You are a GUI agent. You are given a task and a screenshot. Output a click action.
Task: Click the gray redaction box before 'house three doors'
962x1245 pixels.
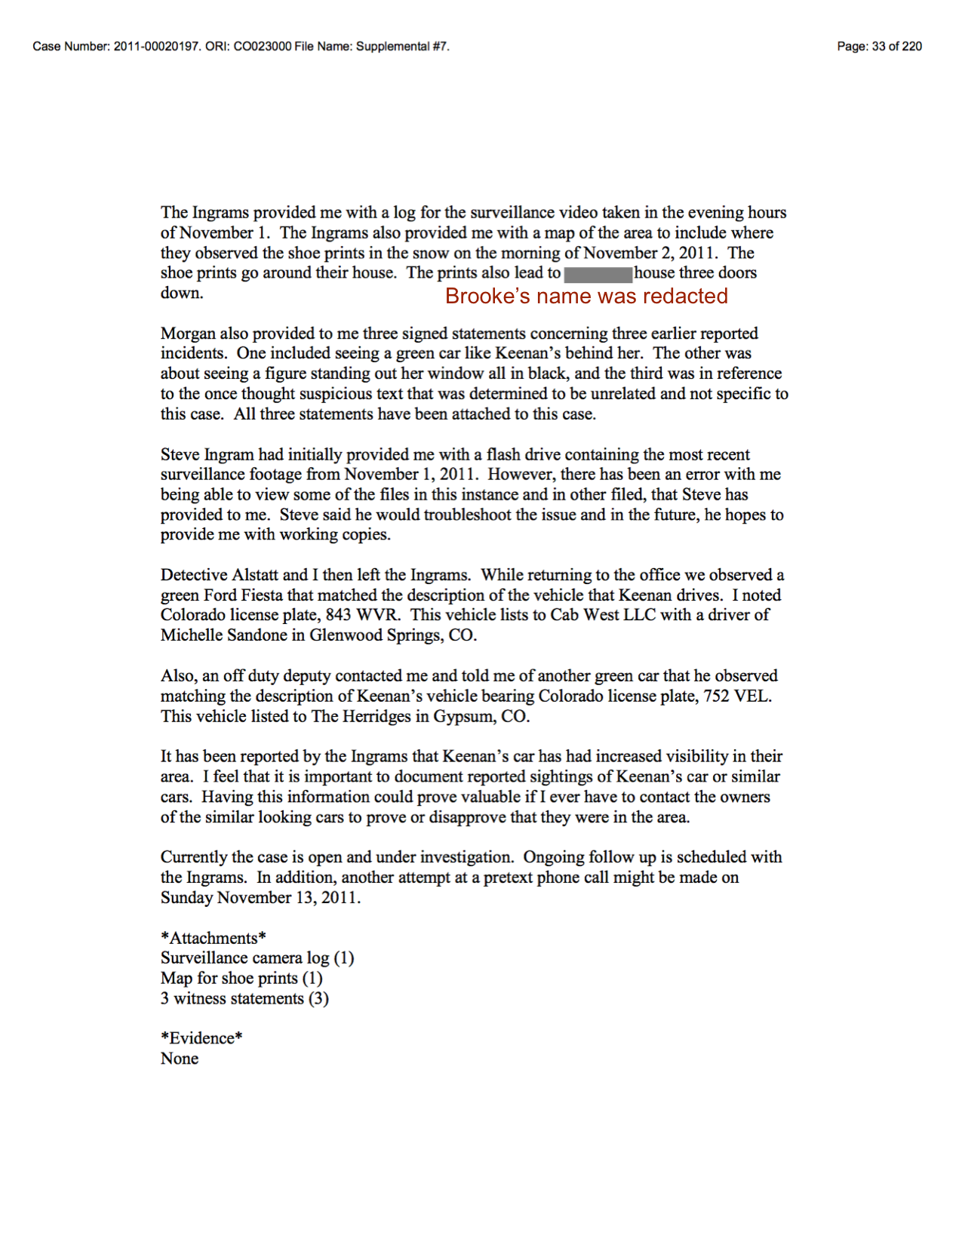[x=598, y=275]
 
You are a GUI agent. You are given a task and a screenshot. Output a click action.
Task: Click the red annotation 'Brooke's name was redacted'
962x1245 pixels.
[x=586, y=297]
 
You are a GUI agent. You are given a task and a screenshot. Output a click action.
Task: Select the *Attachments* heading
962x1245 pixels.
[x=214, y=938]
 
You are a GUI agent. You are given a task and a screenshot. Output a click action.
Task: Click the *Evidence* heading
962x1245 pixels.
[x=201, y=1038]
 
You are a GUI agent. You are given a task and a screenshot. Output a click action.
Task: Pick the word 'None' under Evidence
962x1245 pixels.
[x=180, y=1059]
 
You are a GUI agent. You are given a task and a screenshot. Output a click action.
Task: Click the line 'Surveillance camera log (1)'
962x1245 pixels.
[x=257, y=958]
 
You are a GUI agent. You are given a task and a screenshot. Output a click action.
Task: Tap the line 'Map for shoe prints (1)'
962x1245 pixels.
[x=241, y=979]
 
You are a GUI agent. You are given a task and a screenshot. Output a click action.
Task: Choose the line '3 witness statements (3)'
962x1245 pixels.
[x=244, y=999]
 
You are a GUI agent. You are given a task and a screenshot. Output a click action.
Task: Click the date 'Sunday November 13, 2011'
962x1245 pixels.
[x=260, y=898]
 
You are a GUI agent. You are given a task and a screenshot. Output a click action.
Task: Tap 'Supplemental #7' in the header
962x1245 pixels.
[x=401, y=47]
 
